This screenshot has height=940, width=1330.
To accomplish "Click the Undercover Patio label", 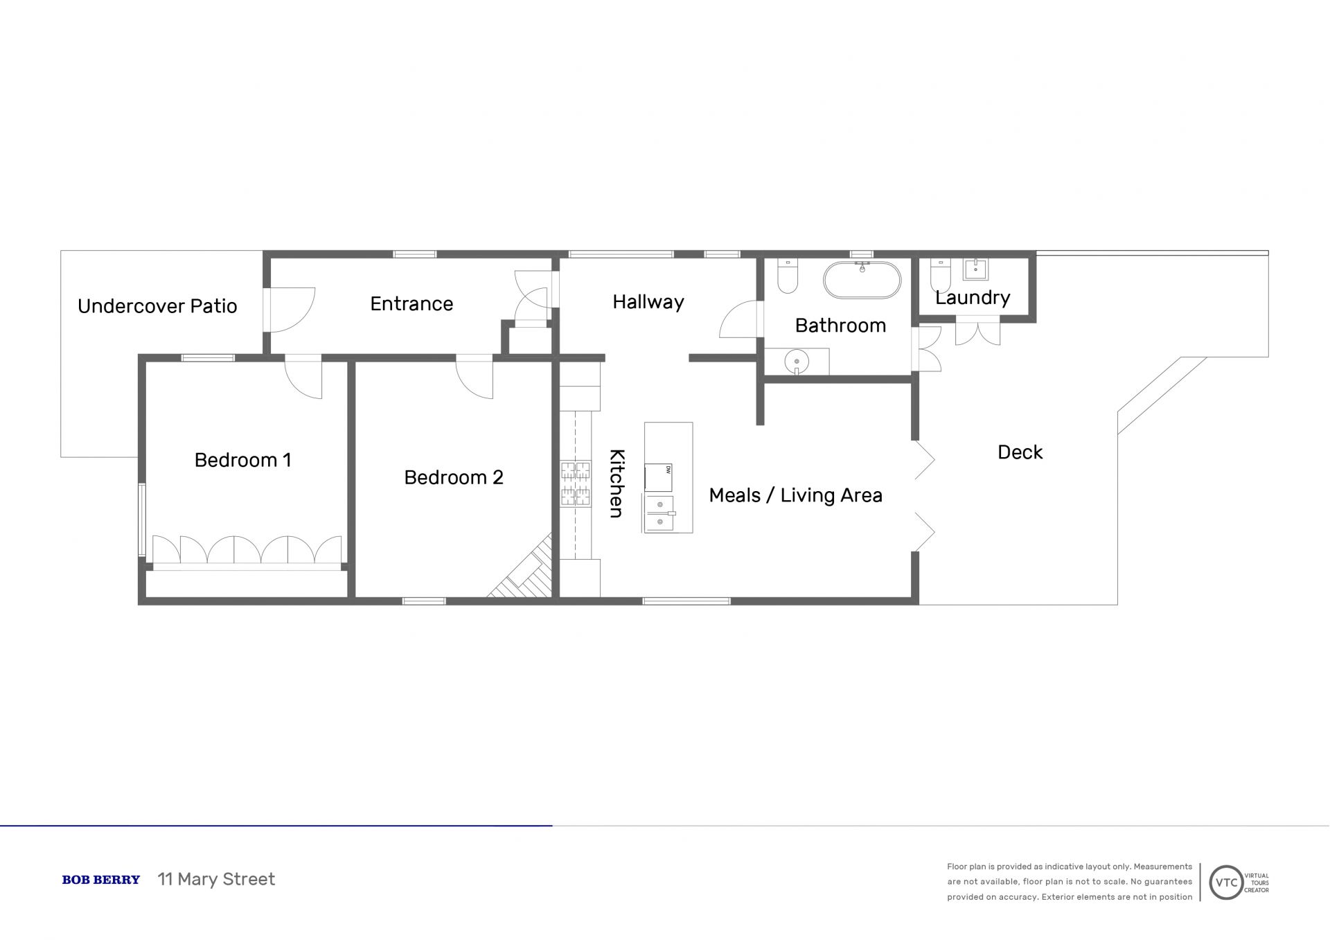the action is point(157,306).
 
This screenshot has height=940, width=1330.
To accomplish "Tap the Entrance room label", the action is point(411,303).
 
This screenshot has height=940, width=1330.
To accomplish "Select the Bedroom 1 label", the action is point(242,460).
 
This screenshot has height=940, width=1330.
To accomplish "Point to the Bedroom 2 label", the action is point(454,477).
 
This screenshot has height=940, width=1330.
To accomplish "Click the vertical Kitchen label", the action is point(617,484).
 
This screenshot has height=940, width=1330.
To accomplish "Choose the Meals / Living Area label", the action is point(796,495).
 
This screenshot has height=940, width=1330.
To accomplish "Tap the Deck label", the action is point(1020,452).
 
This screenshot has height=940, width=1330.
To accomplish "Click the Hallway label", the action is point(648,302).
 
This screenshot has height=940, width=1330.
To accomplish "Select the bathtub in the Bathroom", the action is point(862,280).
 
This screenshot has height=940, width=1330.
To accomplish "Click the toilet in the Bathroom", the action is point(788,276).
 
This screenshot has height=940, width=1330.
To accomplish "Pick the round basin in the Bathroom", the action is point(797,362).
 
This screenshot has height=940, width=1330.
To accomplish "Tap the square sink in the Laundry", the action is point(975,269).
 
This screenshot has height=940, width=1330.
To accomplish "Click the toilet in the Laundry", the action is point(940,276).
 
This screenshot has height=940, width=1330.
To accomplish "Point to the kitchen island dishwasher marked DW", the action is point(658,478).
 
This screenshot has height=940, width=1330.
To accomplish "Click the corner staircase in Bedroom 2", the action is point(524,568).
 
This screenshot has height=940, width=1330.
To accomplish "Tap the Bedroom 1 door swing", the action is point(304,378).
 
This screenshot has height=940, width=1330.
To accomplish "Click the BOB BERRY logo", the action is point(101,880).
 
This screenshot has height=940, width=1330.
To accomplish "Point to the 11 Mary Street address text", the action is point(216,879).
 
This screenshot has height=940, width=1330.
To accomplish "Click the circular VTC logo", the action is point(1226,883).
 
